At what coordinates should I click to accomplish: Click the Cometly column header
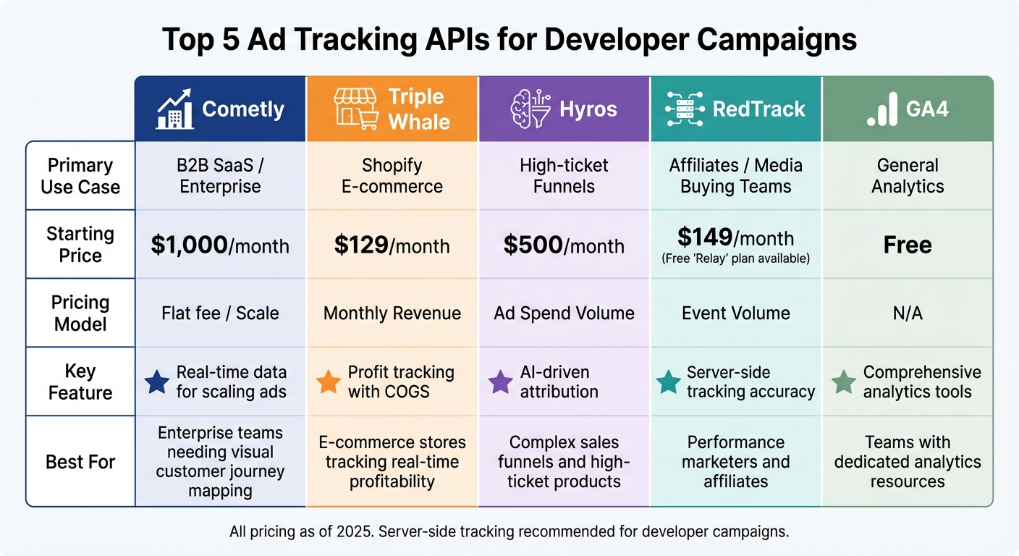coord(221,109)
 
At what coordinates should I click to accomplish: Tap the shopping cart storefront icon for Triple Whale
coord(357,109)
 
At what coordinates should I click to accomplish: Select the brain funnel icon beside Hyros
coord(531,109)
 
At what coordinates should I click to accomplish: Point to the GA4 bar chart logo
coord(882,109)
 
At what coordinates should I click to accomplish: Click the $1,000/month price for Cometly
coord(220,245)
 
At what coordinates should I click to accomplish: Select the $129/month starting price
coord(392,245)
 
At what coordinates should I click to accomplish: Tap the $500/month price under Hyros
coord(564,245)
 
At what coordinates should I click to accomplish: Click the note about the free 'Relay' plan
coord(735,258)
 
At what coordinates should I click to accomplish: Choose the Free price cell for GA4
coord(908,245)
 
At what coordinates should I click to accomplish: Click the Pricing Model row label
coord(80,313)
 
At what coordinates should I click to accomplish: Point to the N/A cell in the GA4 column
coord(908,313)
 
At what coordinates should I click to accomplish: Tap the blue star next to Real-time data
coord(157,382)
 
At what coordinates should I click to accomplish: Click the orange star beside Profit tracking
coord(329,382)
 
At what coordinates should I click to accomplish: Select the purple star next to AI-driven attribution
coord(501,382)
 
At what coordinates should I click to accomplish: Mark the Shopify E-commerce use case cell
coord(392,176)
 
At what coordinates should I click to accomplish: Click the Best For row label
coord(80,462)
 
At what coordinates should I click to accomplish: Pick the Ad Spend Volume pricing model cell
coord(564,313)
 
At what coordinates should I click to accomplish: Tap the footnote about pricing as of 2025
coord(509,532)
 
